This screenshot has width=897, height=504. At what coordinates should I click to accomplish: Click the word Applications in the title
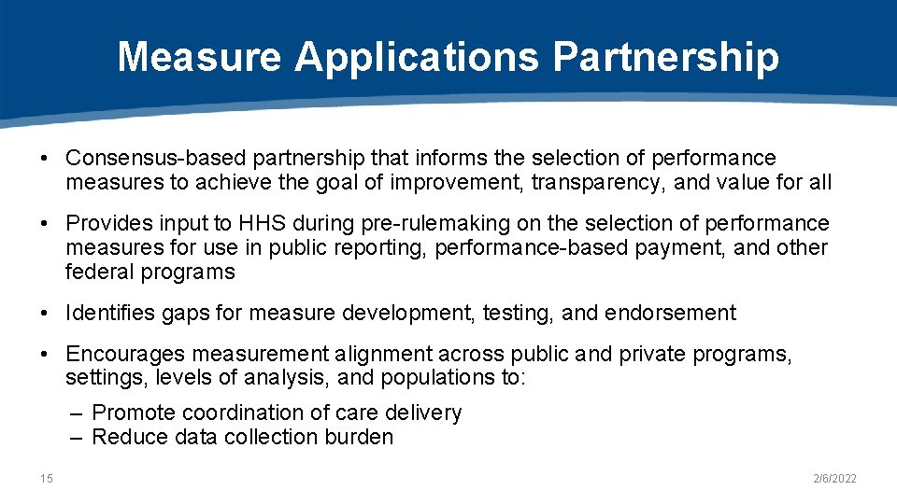(417, 57)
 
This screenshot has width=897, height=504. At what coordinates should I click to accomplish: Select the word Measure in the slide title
(199, 57)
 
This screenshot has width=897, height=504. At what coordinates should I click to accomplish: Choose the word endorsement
(670, 314)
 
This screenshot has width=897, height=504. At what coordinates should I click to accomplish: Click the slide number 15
(47, 479)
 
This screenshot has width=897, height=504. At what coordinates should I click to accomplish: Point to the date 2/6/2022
(834, 479)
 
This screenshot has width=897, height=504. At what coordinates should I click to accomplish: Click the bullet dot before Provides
(45, 224)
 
